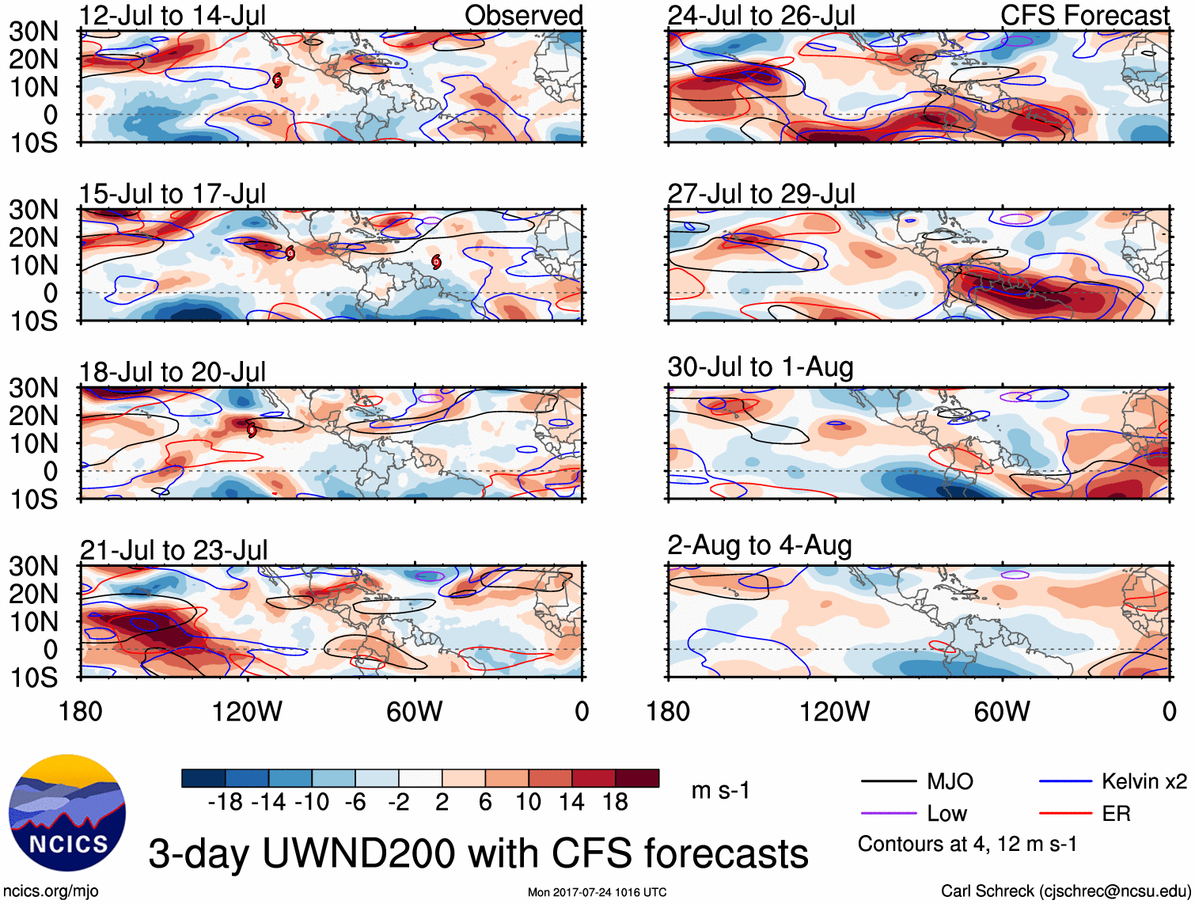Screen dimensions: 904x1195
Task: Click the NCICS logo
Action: coord(67,813)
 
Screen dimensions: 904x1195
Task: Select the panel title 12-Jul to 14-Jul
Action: coord(173,15)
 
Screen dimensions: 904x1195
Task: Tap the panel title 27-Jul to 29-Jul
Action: coord(761,193)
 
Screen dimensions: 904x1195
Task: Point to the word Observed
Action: coord(523,15)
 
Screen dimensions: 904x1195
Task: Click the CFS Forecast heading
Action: coord(1084,15)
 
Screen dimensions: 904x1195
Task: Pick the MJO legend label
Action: coord(950,781)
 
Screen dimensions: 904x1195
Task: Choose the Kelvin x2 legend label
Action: coord(1144,781)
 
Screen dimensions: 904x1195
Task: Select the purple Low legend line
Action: coord(889,814)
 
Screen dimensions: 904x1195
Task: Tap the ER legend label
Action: coord(1116,814)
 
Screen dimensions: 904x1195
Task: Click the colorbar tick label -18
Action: coord(226,803)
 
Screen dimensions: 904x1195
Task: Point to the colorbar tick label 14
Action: coord(572,803)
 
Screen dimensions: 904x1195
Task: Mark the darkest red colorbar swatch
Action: coord(637,778)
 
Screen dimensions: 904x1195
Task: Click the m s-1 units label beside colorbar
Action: coord(720,790)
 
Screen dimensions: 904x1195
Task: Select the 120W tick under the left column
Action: coord(247,712)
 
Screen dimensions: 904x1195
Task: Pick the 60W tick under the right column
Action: coord(1002,712)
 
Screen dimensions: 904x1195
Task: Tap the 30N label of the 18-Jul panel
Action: coord(33,388)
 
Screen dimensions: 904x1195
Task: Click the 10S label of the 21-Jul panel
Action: coord(33,678)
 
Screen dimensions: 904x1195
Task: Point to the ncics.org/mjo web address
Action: coord(51,891)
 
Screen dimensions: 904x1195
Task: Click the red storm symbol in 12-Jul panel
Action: coord(277,80)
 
